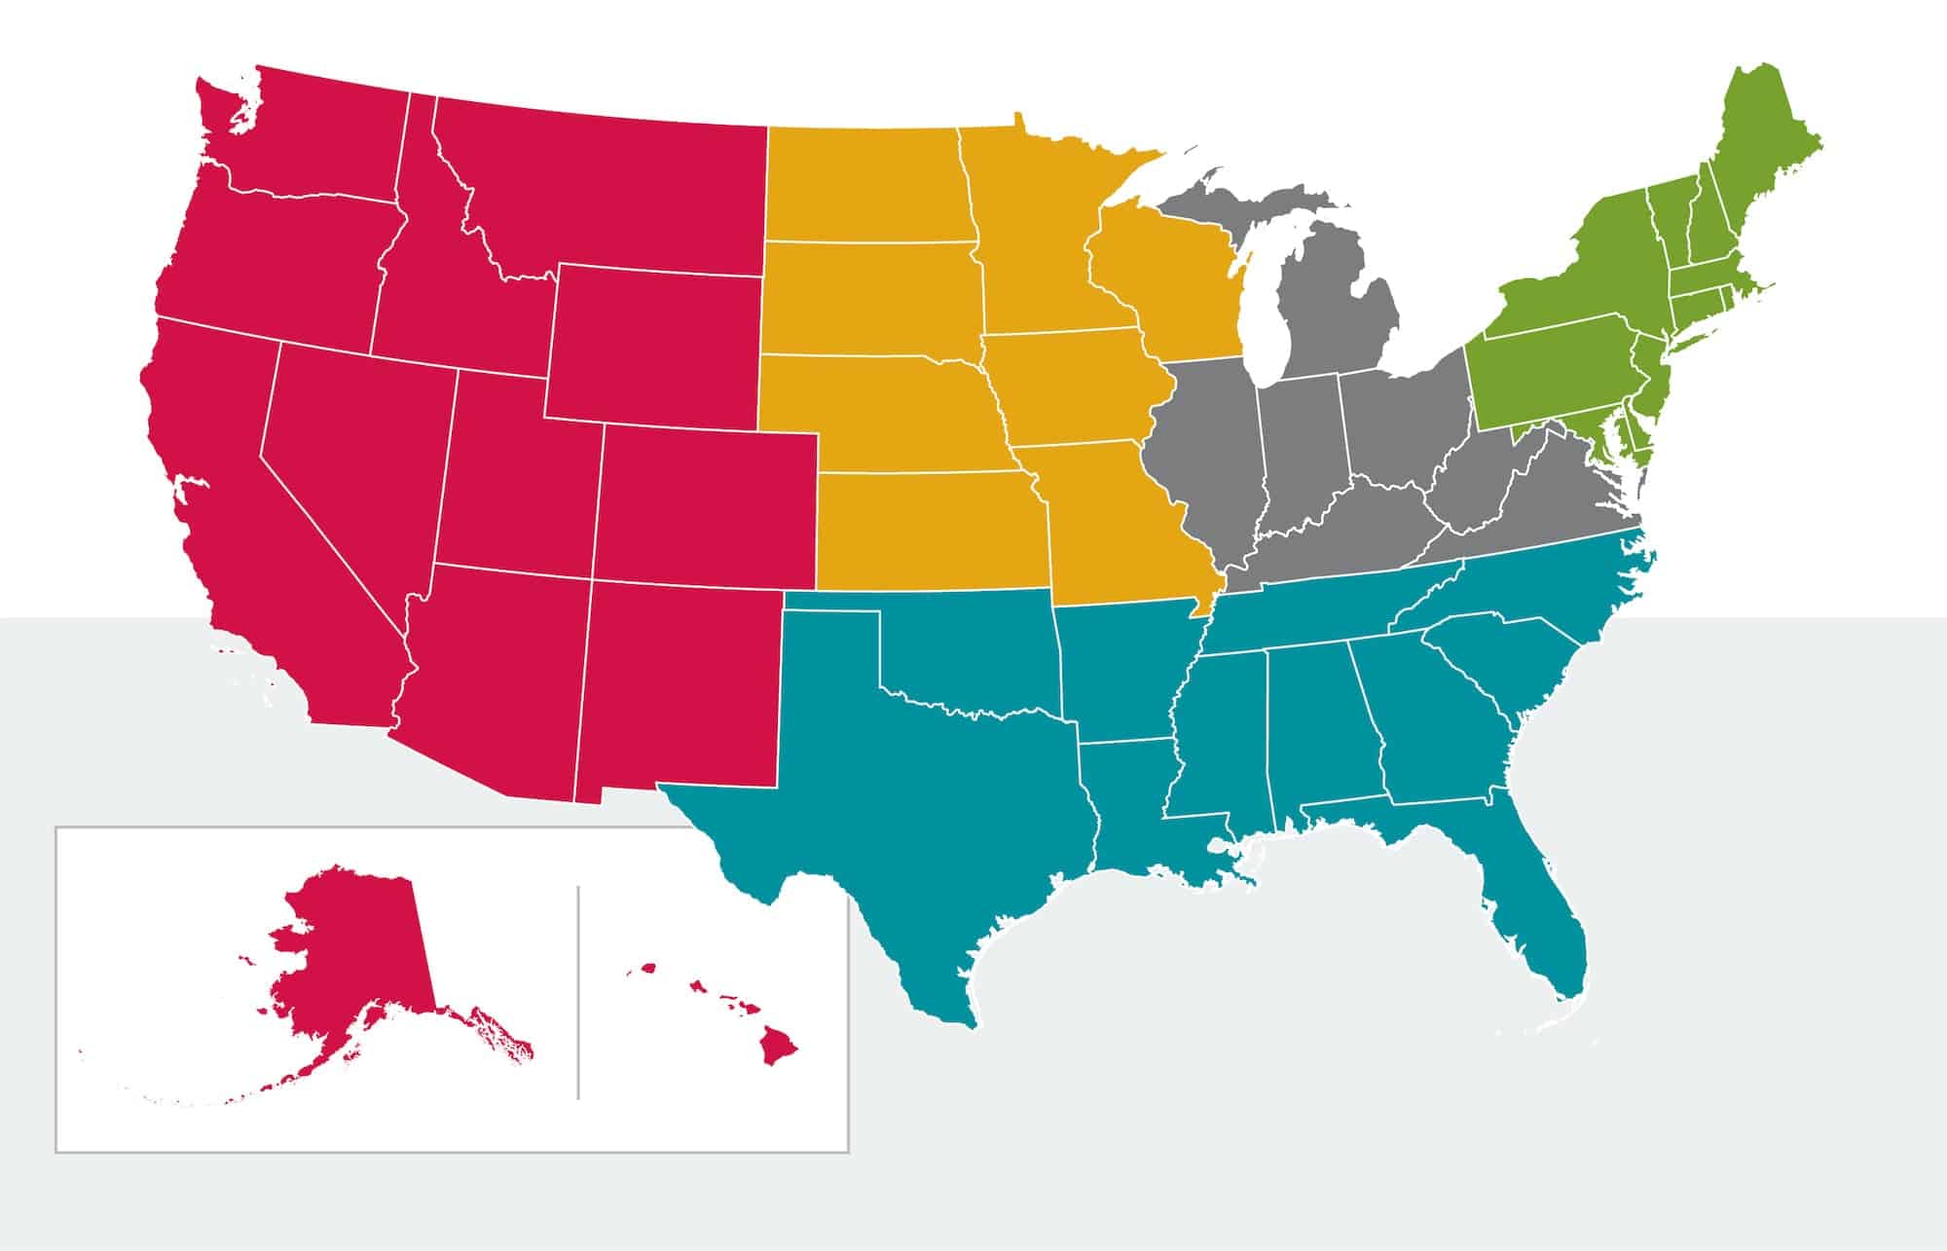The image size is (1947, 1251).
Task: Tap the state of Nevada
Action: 350,458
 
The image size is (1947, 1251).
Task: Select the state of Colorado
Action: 706,506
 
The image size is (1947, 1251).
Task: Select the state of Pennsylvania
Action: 1548,370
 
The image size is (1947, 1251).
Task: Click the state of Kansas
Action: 925,531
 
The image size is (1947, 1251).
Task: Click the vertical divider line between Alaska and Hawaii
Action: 578,993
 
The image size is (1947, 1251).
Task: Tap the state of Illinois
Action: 1207,448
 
